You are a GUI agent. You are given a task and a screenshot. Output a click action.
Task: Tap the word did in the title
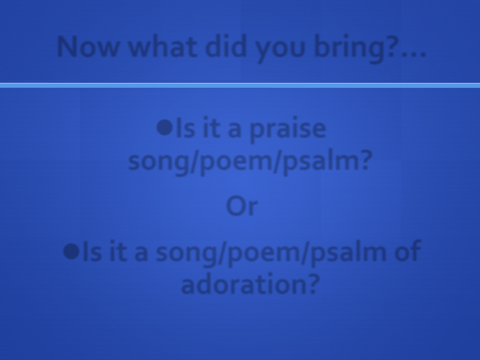pyautogui.click(x=226, y=46)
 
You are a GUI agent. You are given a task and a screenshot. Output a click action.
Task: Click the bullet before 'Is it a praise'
pyautogui.click(x=165, y=127)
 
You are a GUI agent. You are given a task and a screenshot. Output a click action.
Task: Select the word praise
pyautogui.click(x=288, y=130)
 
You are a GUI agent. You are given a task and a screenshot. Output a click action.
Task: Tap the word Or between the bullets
pyautogui.click(x=242, y=206)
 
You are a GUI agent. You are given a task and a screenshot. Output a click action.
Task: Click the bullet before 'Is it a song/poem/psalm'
pyautogui.click(x=71, y=252)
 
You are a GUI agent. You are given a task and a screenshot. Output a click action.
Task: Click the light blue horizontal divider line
pyautogui.click(x=240, y=85)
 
